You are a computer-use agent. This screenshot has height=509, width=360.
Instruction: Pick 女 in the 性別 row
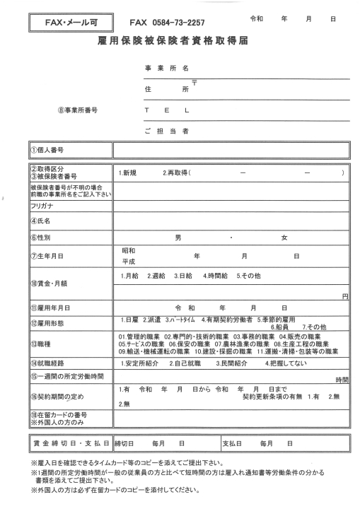coord(284,238)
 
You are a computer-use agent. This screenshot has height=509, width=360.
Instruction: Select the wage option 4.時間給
coord(216,275)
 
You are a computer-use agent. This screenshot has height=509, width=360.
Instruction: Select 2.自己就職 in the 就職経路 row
coord(186,363)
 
